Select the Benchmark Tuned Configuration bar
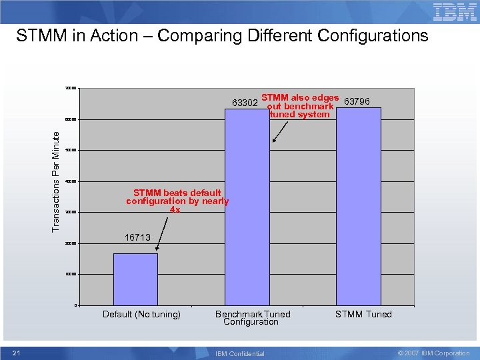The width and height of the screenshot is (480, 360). tap(247, 207)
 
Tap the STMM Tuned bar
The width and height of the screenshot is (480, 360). tap(359, 207)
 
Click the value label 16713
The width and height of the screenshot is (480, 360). tap(137, 237)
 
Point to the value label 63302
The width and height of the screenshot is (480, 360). tap(245, 103)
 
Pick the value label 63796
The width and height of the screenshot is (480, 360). tap(362, 101)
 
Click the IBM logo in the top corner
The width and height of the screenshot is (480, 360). tap(455, 11)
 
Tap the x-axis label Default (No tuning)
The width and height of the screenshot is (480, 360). tap(141, 314)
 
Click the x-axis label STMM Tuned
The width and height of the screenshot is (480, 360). tap(363, 314)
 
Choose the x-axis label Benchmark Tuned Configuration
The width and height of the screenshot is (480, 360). tap(252, 318)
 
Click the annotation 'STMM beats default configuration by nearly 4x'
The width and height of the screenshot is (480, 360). tap(177, 201)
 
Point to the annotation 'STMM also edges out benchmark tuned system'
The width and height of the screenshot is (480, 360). tap(299, 106)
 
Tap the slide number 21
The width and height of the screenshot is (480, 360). tap(17, 353)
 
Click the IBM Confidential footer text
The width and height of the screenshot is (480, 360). tap(239, 353)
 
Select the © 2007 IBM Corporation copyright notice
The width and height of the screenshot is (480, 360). tap(433, 353)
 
